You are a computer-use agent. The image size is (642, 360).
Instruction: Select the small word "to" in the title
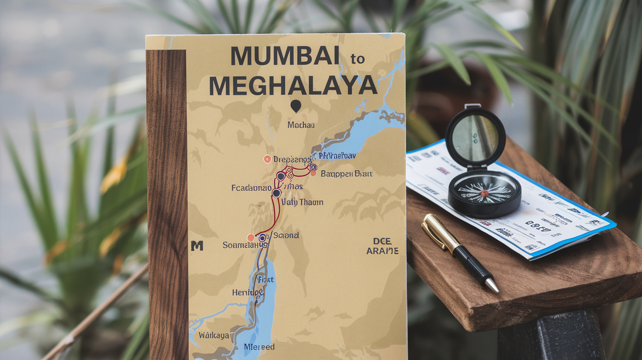357,59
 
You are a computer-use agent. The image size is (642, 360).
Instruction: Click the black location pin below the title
296,106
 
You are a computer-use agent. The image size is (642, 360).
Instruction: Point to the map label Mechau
301,125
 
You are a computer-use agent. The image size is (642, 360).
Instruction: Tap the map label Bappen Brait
346,174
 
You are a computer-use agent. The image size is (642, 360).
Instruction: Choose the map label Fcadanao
252,187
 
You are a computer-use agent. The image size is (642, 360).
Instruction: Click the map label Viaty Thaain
302,202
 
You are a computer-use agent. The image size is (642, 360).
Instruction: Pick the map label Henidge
248,292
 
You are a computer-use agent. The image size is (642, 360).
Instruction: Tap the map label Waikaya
214,336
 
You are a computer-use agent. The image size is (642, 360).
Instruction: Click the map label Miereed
259,347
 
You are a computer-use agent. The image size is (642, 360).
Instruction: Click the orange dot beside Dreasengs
267,159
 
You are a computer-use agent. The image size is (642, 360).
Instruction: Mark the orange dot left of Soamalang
251,238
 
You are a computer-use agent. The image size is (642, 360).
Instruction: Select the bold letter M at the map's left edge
197,246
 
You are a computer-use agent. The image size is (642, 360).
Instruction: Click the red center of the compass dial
484,193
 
